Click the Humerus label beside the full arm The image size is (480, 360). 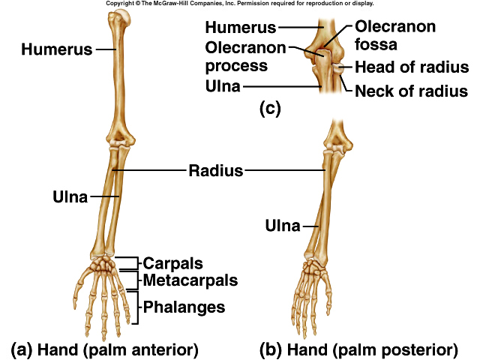56,51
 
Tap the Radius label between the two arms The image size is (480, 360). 215,170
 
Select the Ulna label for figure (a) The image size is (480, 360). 69,197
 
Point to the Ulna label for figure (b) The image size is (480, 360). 282,225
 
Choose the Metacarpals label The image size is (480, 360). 190,280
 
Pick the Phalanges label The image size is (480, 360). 184,307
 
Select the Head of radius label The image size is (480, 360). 412,67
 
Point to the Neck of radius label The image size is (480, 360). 412,91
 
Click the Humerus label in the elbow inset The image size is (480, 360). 240,28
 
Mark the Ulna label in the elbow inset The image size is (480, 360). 223,87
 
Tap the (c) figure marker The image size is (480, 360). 269,109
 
